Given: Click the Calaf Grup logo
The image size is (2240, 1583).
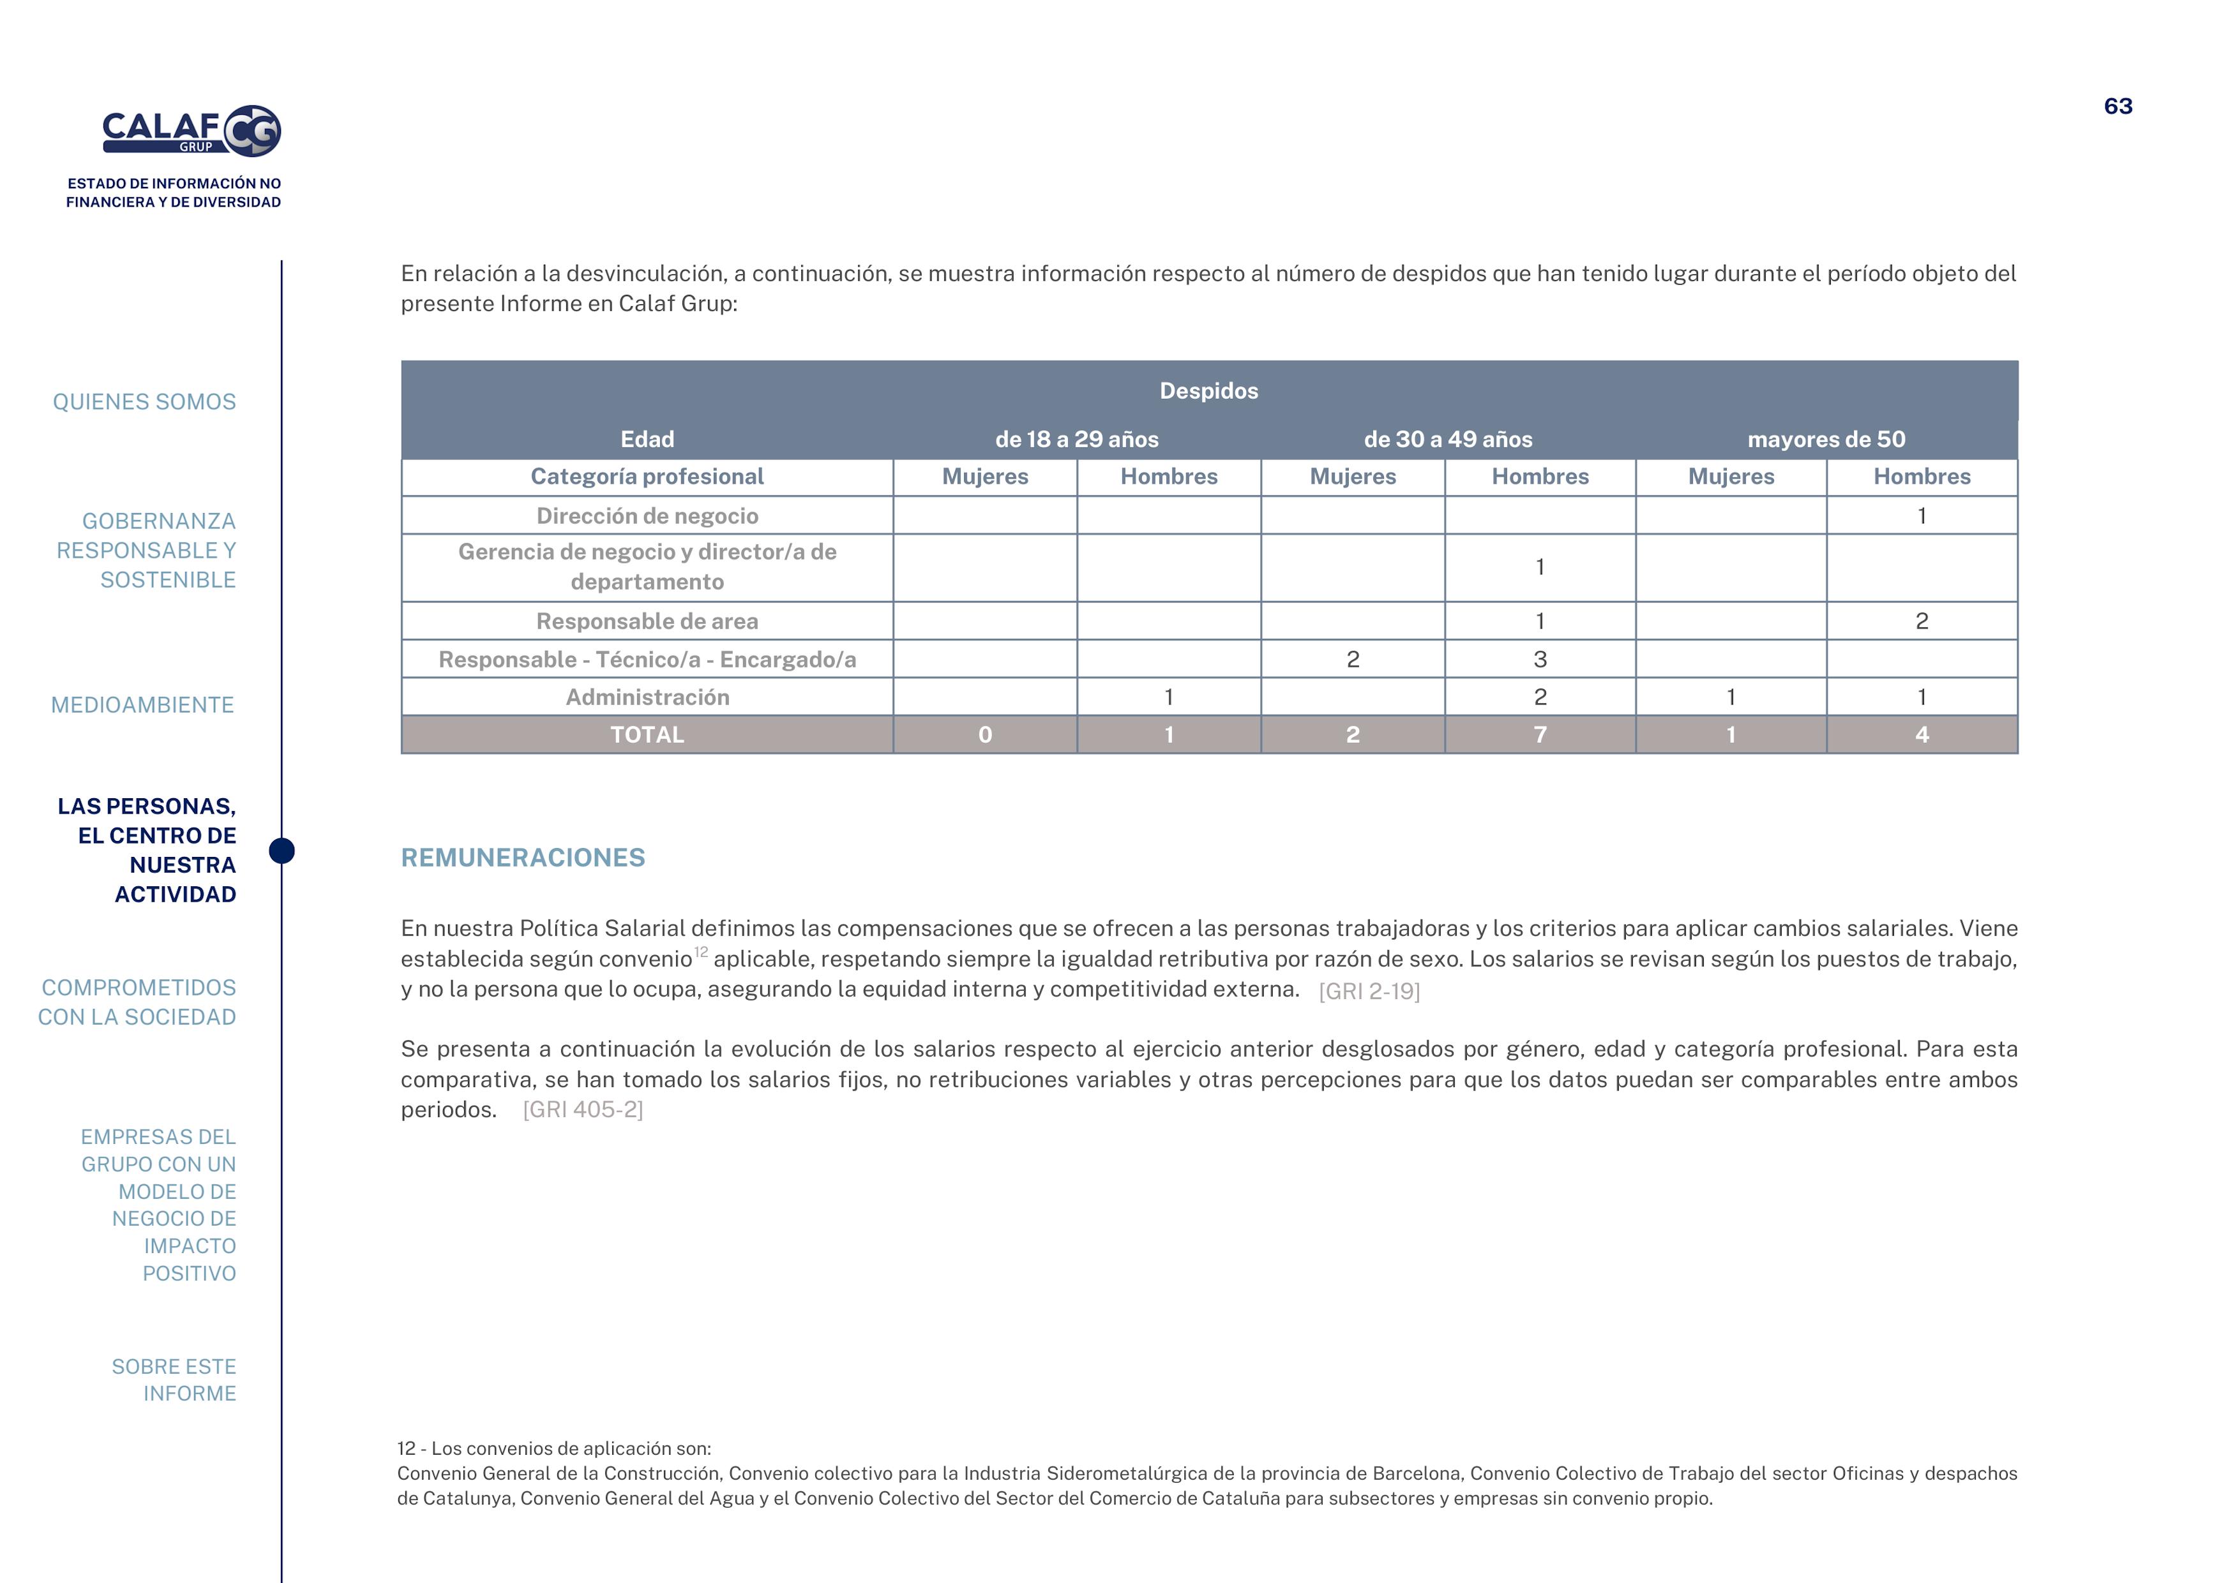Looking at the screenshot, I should point(192,131).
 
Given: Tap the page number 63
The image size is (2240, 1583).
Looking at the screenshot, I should point(2117,107).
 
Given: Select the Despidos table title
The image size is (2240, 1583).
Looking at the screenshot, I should point(1208,391).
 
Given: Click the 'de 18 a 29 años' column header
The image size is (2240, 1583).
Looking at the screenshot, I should point(1076,439).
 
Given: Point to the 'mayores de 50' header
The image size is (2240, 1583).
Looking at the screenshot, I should point(1825,439).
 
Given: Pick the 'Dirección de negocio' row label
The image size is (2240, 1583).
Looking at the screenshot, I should point(647,516).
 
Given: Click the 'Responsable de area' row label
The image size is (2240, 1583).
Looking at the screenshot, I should point(647,621).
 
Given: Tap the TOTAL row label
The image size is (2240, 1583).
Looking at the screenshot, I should point(647,734).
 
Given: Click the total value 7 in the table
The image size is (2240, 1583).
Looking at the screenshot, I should point(1540,734).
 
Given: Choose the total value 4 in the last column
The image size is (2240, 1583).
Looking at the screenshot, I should point(1921,734).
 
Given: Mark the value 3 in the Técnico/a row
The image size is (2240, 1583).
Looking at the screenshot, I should point(1540,659).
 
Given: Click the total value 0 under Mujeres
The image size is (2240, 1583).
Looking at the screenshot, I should point(984,734).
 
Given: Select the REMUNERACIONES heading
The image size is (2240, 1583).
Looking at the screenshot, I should point(523,858).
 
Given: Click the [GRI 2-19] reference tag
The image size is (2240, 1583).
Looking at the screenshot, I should point(1369,991).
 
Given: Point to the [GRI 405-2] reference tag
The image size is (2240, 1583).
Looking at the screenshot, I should point(582,1110).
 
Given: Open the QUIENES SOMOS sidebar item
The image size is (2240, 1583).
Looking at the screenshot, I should point(144,402).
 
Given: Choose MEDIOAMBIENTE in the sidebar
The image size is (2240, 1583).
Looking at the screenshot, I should point(142,705).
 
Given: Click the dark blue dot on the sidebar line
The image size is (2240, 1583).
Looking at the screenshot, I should point(282,851).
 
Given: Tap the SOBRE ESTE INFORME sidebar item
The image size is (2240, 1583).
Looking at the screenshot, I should point(174,1380).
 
